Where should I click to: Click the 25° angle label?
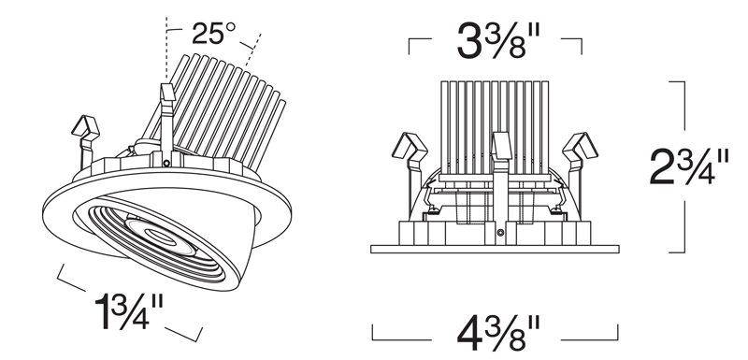tap(213, 34)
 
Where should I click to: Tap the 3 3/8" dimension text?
tap(498, 41)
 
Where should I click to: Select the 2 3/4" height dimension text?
tap(689, 166)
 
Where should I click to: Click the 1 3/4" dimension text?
tap(129, 311)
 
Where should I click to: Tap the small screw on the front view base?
tap(500, 233)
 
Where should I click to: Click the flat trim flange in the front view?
tap(495, 249)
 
